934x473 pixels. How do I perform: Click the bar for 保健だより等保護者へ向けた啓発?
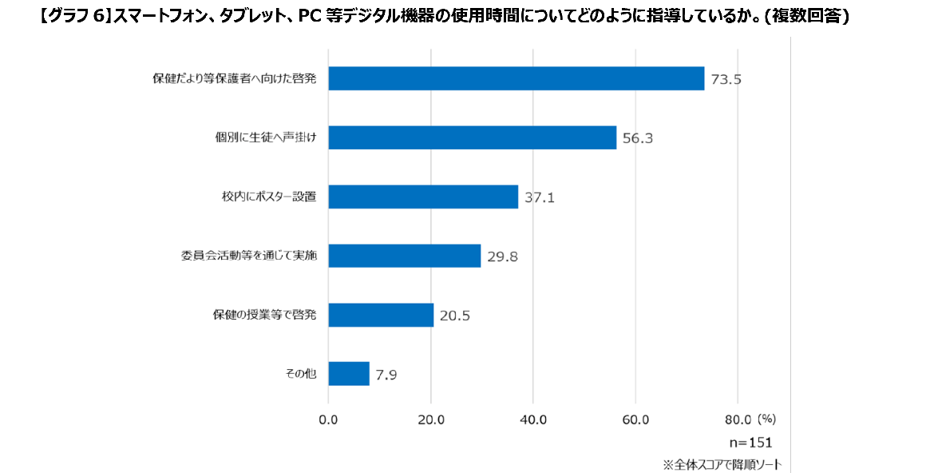click(x=516, y=78)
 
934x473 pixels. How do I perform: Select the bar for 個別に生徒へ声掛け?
click(x=472, y=137)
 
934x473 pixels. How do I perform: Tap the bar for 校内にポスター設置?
click(x=423, y=197)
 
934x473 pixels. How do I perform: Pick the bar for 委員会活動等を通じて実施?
click(x=404, y=256)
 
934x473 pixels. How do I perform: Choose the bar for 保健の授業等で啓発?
click(x=381, y=315)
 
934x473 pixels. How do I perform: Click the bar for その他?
click(x=349, y=374)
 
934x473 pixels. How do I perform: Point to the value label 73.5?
click(x=726, y=79)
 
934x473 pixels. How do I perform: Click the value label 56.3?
click(x=638, y=138)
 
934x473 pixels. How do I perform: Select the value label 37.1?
click(x=540, y=197)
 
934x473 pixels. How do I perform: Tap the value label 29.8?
click(x=502, y=256)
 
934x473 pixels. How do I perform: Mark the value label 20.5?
click(x=455, y=316)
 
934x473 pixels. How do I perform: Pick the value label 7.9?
click(x=386, y=375)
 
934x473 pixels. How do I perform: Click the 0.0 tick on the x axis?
click(x=328, y=419)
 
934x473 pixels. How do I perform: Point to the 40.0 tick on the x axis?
click(x=533, y=419)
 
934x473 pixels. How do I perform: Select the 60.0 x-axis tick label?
click(x=635, y=419)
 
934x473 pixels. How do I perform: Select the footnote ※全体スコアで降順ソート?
click(x=722, y=464)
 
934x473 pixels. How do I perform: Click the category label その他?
click(x=300, y=374)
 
